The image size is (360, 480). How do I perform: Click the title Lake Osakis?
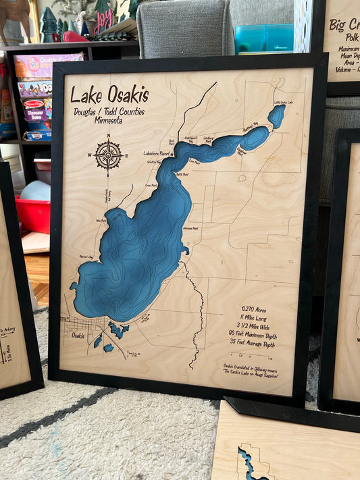[x=109, y=95]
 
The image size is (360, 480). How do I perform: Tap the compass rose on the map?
[x=108, y=155]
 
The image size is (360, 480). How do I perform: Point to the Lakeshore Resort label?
[x=156, y=153]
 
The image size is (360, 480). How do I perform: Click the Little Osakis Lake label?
[x=284, y=103]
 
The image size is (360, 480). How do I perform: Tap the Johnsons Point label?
[x=191, y=229]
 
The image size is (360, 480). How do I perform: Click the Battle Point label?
[x=182, y=174]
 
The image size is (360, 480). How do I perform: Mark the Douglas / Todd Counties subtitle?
[x=108, y=111]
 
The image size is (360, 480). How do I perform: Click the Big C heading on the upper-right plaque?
[x=344, y=26]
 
